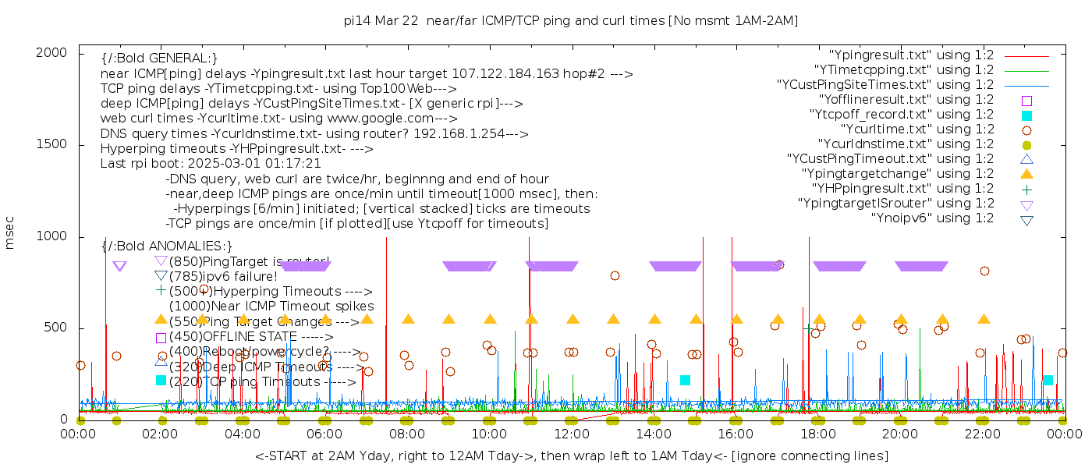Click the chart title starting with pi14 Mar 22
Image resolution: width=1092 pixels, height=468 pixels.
click(571, 20)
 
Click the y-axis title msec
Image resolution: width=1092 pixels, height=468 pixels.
click(10, 233)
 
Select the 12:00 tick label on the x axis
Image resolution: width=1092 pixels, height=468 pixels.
click(572, 434)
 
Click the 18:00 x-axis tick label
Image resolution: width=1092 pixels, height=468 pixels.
click(818, 434)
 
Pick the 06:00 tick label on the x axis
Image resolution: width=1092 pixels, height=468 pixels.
click(325, 434)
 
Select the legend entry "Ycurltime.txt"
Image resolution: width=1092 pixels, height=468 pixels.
click(916, 129)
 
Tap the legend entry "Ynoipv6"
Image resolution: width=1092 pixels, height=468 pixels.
click(932, 218)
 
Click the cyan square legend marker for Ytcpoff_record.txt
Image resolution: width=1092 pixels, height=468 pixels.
click(1026, 115)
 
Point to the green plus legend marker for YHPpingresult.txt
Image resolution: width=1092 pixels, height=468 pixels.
click(1026, 189)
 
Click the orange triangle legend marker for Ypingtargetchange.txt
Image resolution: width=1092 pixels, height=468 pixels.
click(1026, 174)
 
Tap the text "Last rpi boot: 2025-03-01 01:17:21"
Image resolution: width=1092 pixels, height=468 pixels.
click(211, 164)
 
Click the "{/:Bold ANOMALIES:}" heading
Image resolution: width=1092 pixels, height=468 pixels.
click(167, 246)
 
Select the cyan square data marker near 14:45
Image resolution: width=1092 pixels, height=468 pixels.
click(685, 380)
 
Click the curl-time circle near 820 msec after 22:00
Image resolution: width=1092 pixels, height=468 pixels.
click(984, 271)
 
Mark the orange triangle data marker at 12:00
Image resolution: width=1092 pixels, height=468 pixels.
click(573, 319)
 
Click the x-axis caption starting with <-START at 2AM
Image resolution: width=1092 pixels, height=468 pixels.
click(571, 456)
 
